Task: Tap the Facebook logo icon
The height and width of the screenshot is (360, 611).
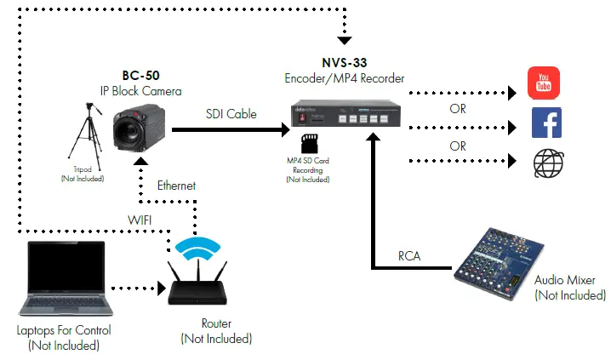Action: pos(545,123)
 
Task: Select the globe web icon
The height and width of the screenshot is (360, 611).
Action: pos(545,162)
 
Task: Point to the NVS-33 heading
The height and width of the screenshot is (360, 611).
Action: pos(344,64)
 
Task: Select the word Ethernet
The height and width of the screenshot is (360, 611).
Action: pos(176,185)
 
